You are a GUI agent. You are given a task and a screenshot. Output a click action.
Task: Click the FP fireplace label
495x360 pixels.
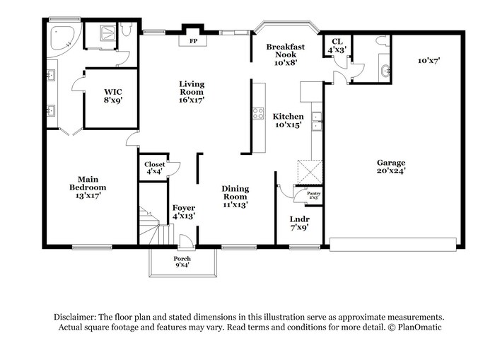point(193,41)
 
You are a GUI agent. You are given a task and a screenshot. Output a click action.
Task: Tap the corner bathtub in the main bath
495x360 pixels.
point(62,38)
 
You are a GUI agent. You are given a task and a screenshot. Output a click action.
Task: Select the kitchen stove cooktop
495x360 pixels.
point(258,113)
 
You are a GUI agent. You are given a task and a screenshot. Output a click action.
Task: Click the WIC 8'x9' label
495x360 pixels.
point(113,96)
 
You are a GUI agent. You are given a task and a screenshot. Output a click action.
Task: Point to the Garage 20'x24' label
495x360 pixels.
point(391,167)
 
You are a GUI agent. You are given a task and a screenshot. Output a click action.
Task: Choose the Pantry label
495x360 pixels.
point(313,193)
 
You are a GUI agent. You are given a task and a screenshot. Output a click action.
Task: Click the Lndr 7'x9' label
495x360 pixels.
point(300,223)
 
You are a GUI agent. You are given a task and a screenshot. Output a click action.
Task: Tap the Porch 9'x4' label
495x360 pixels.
point(182,262)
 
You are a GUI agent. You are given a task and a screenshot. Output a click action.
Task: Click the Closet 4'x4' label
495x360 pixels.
point(154,168)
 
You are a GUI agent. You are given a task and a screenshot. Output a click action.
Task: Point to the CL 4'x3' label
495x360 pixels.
point(337,45)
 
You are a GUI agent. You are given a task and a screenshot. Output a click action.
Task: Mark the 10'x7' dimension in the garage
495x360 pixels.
point(429,60)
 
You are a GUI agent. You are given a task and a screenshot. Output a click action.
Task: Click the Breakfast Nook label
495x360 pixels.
point(286,50)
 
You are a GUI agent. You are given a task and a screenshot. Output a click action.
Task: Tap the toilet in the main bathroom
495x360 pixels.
point(127,30)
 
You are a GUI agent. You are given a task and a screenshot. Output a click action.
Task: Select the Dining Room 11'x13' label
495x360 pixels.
point(235,197)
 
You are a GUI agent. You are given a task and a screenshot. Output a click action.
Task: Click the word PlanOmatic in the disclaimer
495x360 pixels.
point(419,327)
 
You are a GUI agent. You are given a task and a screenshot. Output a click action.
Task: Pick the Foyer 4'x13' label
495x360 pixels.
point(184,212)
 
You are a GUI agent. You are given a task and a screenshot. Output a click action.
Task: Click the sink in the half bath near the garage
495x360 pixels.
point(385,70)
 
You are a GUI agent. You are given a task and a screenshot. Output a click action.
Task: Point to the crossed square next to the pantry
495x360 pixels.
point(310,172)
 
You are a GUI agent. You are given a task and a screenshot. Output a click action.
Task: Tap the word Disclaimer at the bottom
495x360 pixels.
point(74,317)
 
